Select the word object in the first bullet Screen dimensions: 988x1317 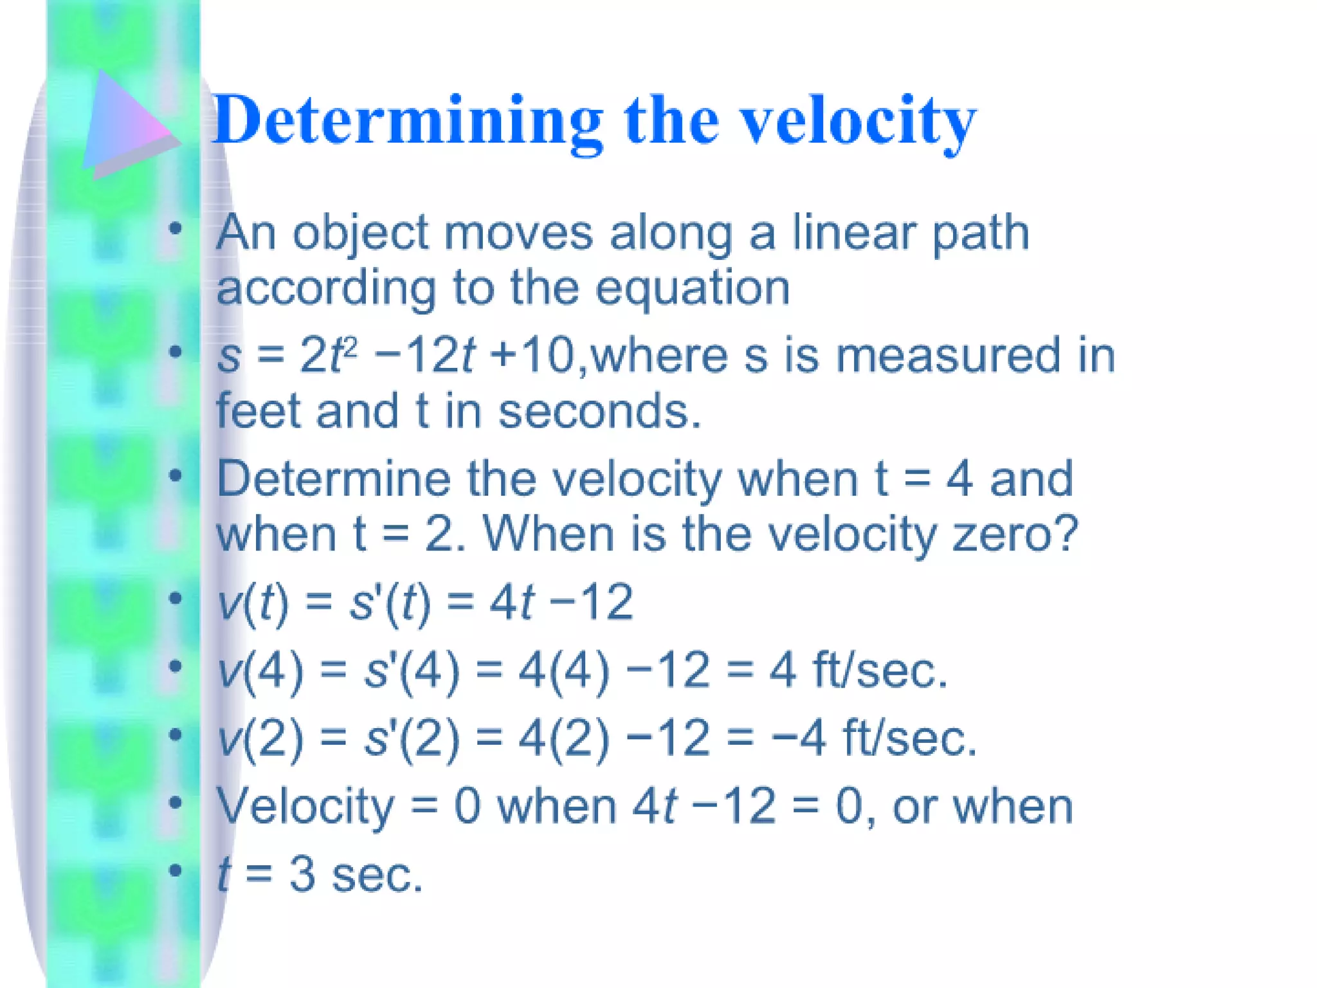point(361,233)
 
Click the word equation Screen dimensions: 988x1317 point(692,288)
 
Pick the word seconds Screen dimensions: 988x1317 point(598,412)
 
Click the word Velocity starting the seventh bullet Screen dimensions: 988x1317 point(305,807)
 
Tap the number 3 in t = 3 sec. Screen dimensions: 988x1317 point(302,875)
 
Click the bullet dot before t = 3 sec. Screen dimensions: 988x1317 point(175,871)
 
